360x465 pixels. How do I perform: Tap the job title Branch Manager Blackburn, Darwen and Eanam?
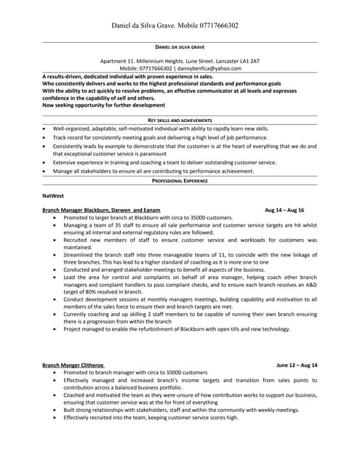pos(101,209)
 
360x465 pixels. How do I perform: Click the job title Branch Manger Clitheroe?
pos(73,365)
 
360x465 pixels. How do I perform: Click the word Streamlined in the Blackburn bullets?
pos(79,256)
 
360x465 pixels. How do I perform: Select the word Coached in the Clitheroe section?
pos(75,395)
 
